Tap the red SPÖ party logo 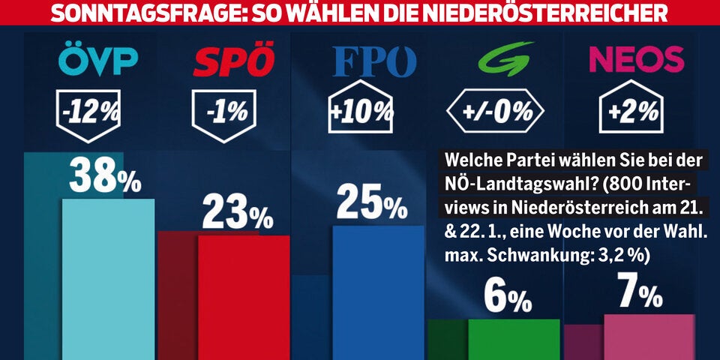pyautogui.click(x=233, y=62)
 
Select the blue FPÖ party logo pyautogui.click(x=374, y=63)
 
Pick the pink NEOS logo pyautogui.click(x=637, y=59)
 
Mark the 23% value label pyautogui.click(x=238, y=214)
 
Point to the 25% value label pyautogui.click(x=372, y=202)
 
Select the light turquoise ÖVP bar pyautogui.click(x=108, y=277)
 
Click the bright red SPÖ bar pyautogui.click(x=243, y=296)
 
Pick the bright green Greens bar pyautogui.click(x=514, y=338)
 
